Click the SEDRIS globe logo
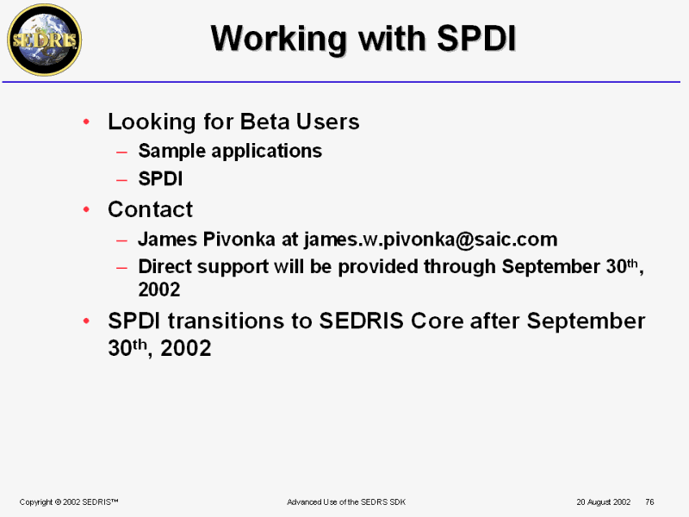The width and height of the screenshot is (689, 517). click(x=45, y=40)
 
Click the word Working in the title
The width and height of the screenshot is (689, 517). click(x=278, y=40)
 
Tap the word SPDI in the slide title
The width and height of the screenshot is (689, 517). click(x=476, y=38)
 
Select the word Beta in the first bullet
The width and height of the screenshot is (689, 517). click(x=265, y=121)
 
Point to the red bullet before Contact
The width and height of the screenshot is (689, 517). click(x=87, y=209)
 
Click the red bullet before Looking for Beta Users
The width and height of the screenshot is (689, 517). click(x=87, y=121)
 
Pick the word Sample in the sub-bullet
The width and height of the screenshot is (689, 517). click(x=171, y=152)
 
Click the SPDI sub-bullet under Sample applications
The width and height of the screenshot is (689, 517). click(x=160, y=179)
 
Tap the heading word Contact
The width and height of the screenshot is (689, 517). click(x=150, y=209)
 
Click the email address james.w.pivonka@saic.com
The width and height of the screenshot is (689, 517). click(x=431, y=240)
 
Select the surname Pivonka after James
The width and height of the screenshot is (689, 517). click(x=239, y=240)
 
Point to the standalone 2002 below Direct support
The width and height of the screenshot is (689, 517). click(x=159, y=290)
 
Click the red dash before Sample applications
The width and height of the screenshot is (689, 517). click(x=121, y=153)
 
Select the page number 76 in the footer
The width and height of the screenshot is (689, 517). click(x=650, y=502)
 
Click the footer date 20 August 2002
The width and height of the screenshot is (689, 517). click(x=604, y=502)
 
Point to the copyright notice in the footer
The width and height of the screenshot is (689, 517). click(x=69, y=502)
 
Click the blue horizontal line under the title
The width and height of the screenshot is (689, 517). click(x=341, y=82)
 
